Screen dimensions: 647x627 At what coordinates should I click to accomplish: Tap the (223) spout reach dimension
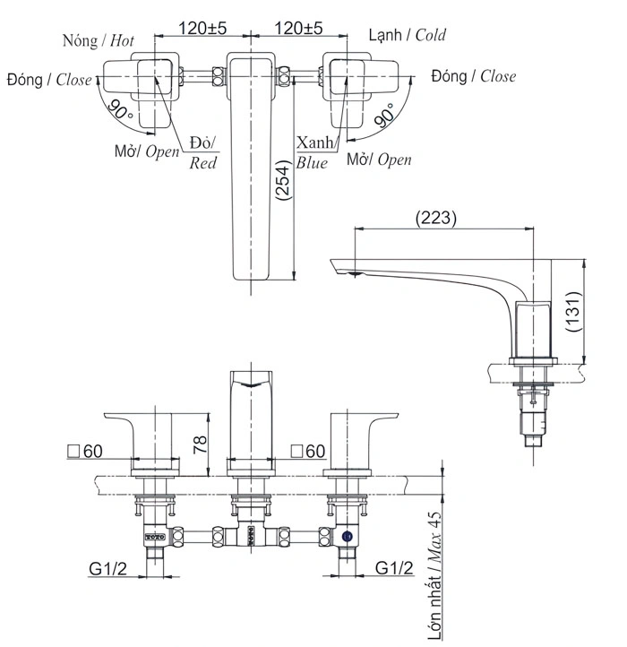[x=436, y=218]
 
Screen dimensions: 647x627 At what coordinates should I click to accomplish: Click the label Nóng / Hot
[x=99, y=40]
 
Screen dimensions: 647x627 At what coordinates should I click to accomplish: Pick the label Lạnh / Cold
[x=408, y=36]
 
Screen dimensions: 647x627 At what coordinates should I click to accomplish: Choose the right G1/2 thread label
[x=394, y=567]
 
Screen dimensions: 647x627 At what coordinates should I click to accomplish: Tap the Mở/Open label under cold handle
[x=380, y=160]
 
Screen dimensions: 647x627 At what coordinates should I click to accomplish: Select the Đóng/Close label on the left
[x=49, y=79]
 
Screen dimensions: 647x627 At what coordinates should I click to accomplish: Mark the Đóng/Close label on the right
[x=473, y=76]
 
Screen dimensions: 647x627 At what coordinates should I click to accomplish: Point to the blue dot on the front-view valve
[x=347, y=539]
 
